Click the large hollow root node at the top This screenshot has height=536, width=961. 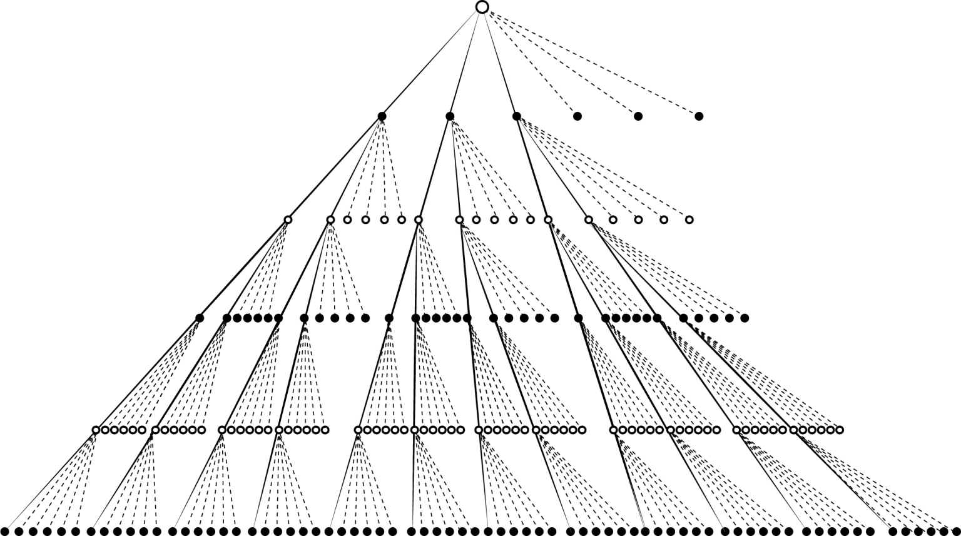tap(482, 7)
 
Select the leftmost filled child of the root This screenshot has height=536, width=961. tap(382, 116)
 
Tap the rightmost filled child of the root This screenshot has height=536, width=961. tap(699, 116)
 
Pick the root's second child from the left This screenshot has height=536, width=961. tap(450, 116)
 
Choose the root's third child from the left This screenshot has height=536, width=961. tap(516, 116)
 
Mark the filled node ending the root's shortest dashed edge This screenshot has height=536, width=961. tap(577, 116)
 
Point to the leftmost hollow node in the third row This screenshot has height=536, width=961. tap(288, 220)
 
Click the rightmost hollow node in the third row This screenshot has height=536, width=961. tap(689, 220)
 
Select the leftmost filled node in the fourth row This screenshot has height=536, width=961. tap(200, 318)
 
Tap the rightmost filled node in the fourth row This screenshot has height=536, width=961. tap(745, 318)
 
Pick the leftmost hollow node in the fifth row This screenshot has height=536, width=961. tap(96, 430)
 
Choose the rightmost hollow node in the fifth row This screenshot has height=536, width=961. tap(840, 430)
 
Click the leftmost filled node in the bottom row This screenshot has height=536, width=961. tap(5, 532)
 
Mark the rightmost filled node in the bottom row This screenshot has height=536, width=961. tap(956, 532)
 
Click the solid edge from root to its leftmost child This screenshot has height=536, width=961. tap(432, 62)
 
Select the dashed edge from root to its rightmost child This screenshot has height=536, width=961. tap(591, 62)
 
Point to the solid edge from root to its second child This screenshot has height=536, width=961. tap(465, 62)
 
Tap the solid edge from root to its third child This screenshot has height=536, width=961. tap(499, 62)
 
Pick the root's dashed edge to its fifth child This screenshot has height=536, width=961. tap(560, 62)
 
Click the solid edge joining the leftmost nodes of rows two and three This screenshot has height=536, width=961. tap(335, 168)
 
